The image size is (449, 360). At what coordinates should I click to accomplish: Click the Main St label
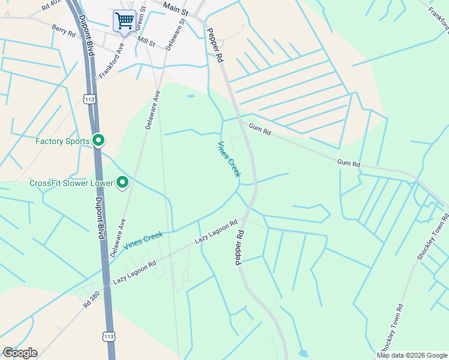tap(176, 10)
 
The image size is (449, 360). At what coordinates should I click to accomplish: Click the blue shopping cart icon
tap(124, 20)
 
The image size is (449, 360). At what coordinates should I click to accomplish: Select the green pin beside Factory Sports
tap(98, 141)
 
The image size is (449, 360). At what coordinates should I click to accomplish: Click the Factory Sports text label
tap(62, 142)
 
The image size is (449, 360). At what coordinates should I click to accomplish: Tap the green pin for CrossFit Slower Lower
tap(122, 182)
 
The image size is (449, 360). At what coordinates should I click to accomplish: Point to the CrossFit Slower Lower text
tap(71, 182)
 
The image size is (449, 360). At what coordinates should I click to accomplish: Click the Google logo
tap(20, 353)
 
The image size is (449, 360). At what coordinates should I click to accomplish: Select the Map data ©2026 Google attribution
tap(412, 355)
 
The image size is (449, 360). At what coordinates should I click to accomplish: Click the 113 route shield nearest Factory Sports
tap(90, 98)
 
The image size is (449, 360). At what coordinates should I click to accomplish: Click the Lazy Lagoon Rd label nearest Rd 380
tap(134, 272)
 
